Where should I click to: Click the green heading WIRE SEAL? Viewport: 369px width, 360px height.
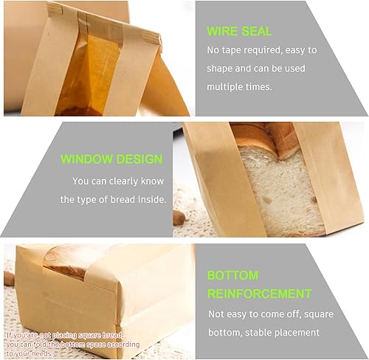[239, 32]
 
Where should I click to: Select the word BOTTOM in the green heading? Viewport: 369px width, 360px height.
[232, 275]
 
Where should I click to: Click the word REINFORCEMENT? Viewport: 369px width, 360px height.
[259, 294]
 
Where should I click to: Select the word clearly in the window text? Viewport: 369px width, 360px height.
[133, 181]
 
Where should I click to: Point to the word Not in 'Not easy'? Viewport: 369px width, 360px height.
[216, 314]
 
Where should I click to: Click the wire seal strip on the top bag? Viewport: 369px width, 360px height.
[100, 13]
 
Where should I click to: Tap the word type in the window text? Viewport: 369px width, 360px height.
[87, 199]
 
